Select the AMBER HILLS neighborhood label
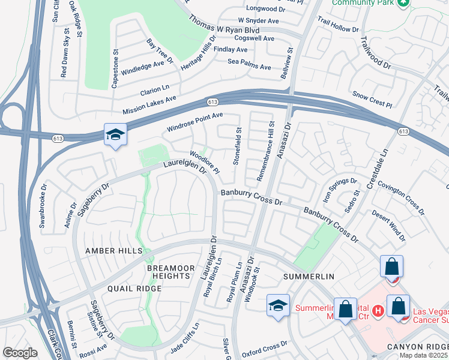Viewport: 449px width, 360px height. (114, 250)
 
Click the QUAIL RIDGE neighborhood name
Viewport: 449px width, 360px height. (134, 289)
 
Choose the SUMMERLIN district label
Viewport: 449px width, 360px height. (308, 277)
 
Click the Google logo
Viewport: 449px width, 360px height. (20, 353)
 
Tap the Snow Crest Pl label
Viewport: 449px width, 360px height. (372, 99)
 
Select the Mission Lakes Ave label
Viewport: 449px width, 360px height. (149, 106)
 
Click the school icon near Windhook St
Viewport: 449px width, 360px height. (278, 305)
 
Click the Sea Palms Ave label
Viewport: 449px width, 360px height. (252, 61)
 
